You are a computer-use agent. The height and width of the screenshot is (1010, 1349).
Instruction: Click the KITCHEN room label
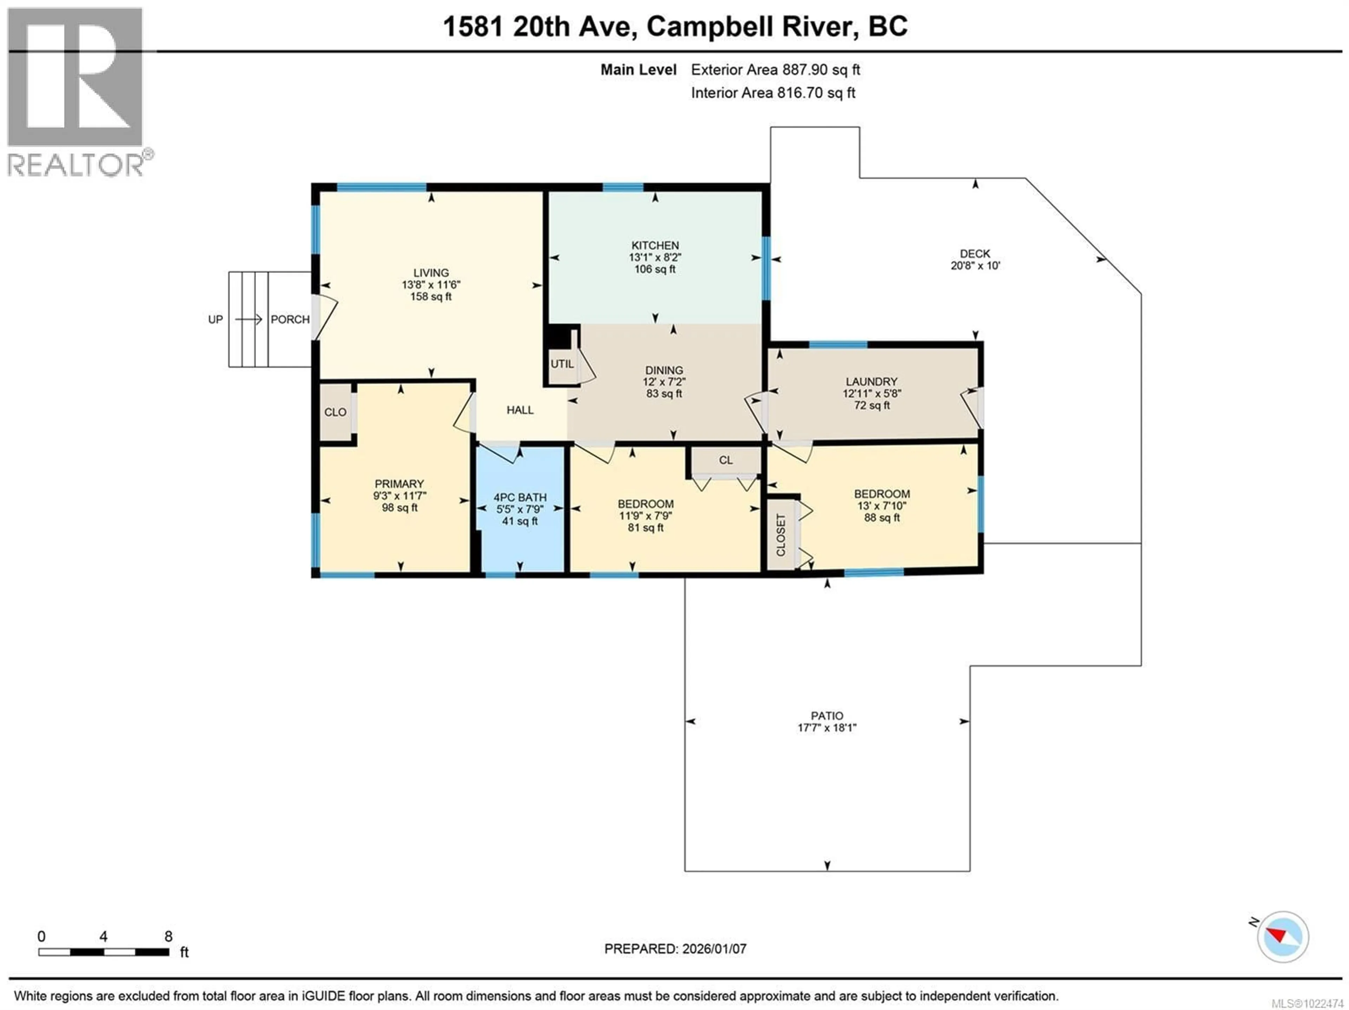(655, 245)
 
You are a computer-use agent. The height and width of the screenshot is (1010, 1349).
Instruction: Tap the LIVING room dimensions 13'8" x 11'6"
(431, 285)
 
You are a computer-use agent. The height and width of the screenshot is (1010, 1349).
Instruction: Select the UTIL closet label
(562, 364)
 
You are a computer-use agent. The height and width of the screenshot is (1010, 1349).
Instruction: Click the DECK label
(975, 254)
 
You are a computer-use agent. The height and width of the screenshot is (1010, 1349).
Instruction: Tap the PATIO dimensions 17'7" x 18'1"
(827, 728)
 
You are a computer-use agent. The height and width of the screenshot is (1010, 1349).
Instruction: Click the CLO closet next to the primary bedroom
(335, 412)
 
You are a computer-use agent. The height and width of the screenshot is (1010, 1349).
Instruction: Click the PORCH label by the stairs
(290, 320)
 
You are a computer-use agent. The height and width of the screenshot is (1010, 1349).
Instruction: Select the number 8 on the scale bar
(168, 936)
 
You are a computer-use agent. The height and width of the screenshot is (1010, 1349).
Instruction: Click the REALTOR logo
(76, 91)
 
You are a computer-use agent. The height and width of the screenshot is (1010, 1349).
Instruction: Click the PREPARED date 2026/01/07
(675, 949)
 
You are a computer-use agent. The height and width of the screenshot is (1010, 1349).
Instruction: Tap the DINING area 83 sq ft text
(664, 394)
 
